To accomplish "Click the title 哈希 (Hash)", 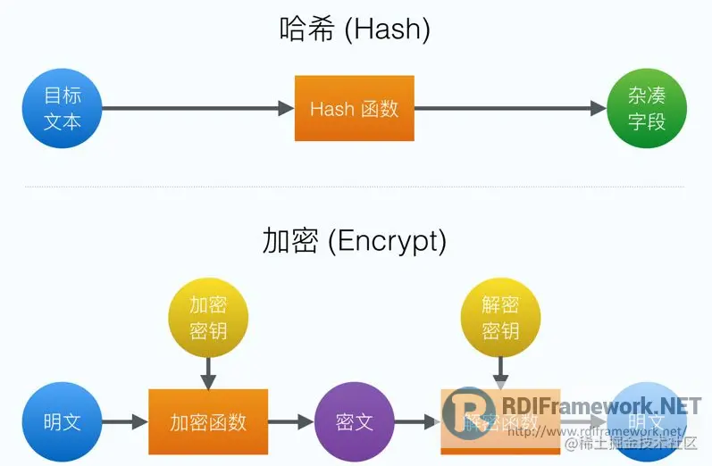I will tap(355, 29).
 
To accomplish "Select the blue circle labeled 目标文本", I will tap(62, 109).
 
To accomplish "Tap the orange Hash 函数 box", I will tap(355, 109).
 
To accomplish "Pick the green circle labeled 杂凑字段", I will tap(647, 109).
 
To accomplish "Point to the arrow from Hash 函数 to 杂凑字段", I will tap(510, 109).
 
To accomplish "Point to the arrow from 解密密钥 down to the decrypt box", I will tap(501, 370).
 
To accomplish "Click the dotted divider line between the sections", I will tap(355, 187).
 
